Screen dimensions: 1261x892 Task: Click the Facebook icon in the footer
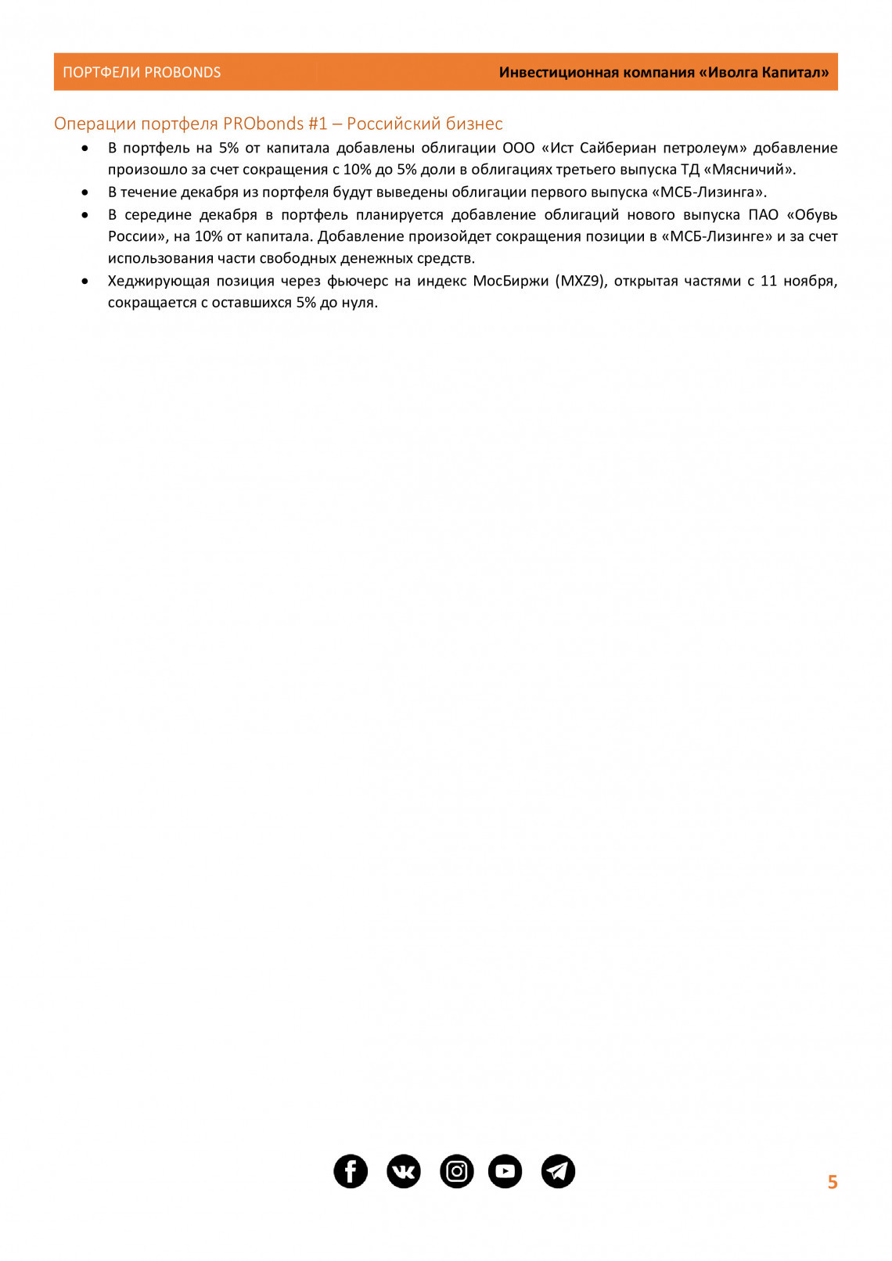pyautogui.click(x=351, y=1171)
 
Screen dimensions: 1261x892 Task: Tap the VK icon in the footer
pyautogui.click(x=404, y=1171)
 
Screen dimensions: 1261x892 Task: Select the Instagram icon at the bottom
pyautogui.click(x=457, y=1171)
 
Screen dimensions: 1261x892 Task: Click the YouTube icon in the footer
pyautogui.click(x=505, y=1171)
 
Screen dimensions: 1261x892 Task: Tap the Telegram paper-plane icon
pyautogui.click(x=558, y=1171)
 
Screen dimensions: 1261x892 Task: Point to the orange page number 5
pyautogui.click(x=833, y=1182)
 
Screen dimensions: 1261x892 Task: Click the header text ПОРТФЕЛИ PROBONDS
pyautogui.click(x=142, y=73)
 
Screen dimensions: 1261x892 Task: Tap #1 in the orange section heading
pyautogui.click(x=318, y=124)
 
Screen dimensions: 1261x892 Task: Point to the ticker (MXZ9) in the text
pyautogui.click(x=581, y=281)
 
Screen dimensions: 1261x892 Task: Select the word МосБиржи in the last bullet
pyautogui.click(x=510, y=281)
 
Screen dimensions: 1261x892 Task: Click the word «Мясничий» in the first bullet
pyautogui.click(x=749, y=170)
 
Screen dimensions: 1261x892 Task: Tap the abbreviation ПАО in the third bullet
pyautogui.click(x=763, y=214)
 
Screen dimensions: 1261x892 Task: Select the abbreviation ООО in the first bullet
pyautogui.click(x=518, y=148)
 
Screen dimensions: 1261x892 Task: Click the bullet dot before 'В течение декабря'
pyautogui.click(x=85, y=192)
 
